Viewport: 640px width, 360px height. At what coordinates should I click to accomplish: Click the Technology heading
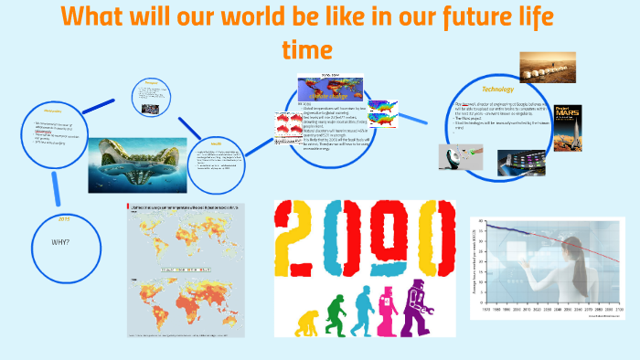click(x=499, y=89)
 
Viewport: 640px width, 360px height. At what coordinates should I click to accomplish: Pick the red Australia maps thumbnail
click(x=284, y=122)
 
